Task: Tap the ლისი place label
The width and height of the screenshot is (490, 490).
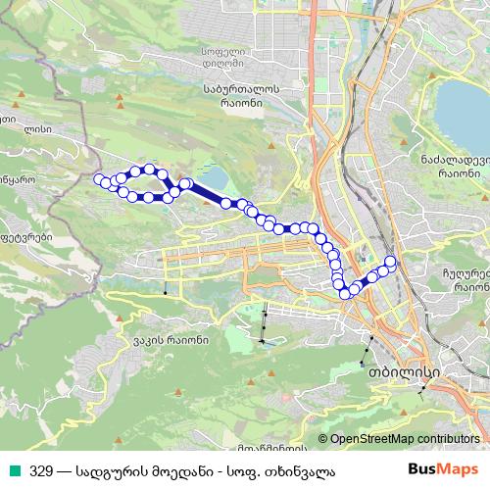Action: [x=36, y=127]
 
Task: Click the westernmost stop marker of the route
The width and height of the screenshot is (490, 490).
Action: [x=98, y=178]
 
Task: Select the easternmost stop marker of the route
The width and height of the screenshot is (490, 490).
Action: [x=391, y=261]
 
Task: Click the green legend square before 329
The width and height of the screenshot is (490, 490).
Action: [x=13, y=469]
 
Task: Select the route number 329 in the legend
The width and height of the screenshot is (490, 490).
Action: [x=42, y=469]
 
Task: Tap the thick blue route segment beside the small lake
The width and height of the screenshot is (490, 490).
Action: [x=205, y=192]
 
